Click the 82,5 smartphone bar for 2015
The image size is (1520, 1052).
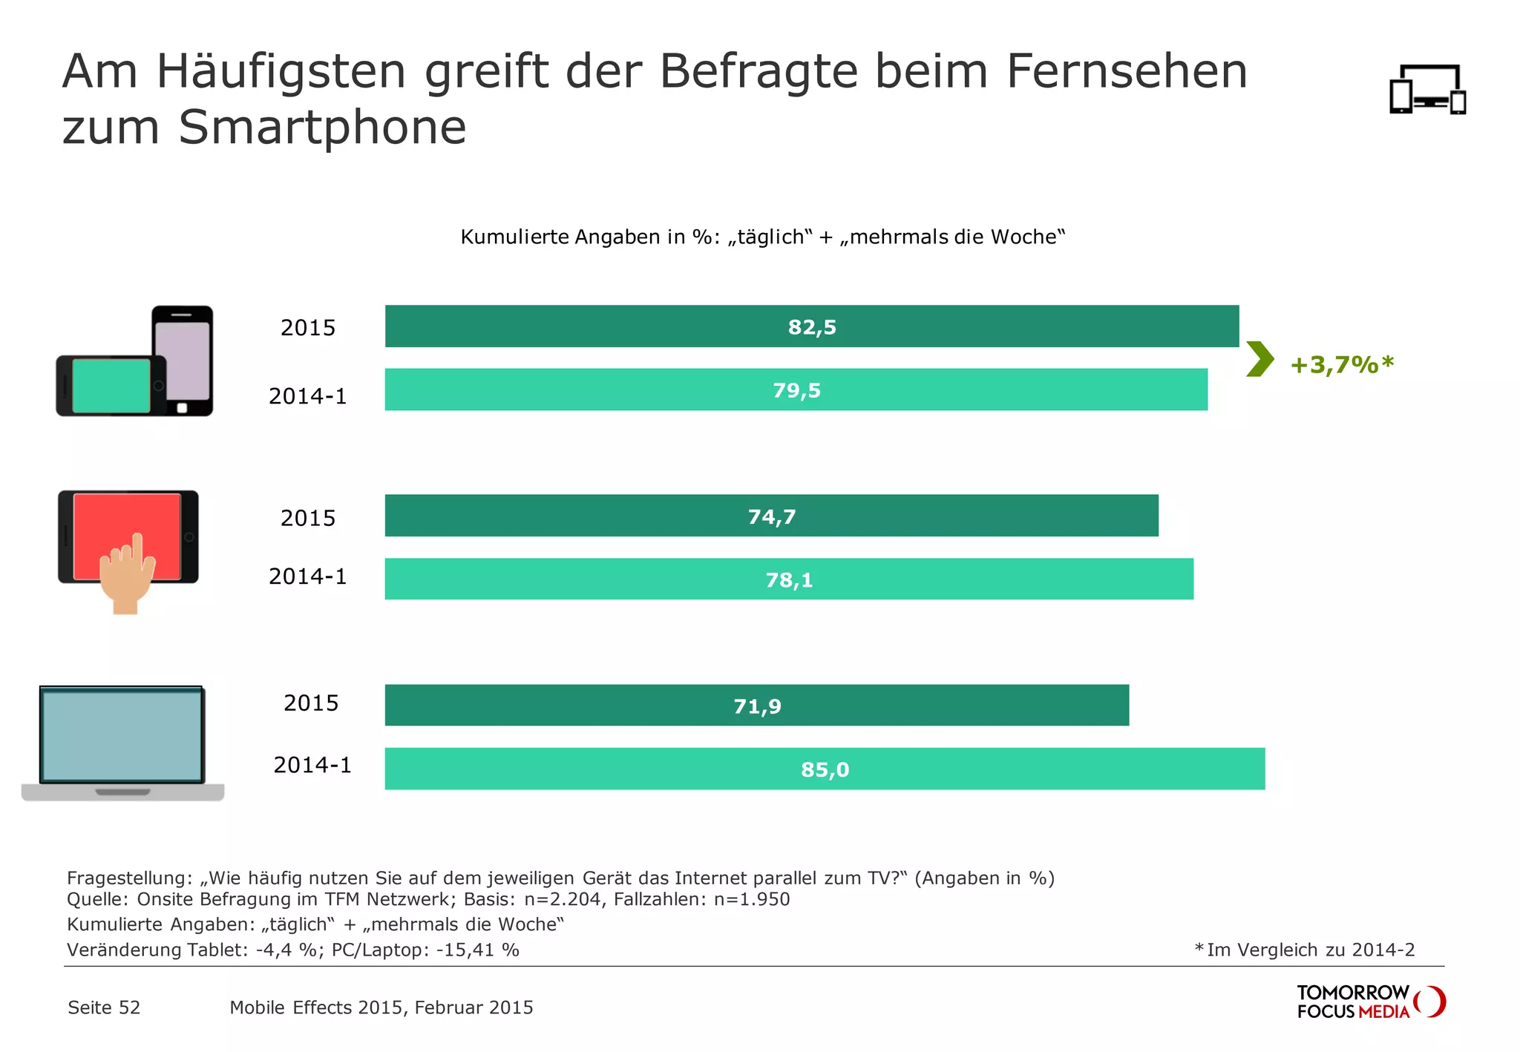click(811, 326)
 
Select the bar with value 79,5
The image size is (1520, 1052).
click(796, 389)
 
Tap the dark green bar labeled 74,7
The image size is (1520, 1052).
click(771, 516)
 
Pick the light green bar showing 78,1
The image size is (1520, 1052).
click(788, 579)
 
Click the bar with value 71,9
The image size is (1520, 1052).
click(756, 706)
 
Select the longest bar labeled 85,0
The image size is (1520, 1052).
click(824, 769)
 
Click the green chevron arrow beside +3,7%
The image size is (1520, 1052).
click(1259, 359)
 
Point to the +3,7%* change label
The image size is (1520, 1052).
click(1342, 364)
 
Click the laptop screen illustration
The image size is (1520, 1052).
click(122, 735)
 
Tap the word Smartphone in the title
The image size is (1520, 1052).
click(322, 128)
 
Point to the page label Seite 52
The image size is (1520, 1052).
click(104, 1007)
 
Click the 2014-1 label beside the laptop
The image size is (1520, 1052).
click(312, 765)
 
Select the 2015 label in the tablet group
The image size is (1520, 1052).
click(308, 518)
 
